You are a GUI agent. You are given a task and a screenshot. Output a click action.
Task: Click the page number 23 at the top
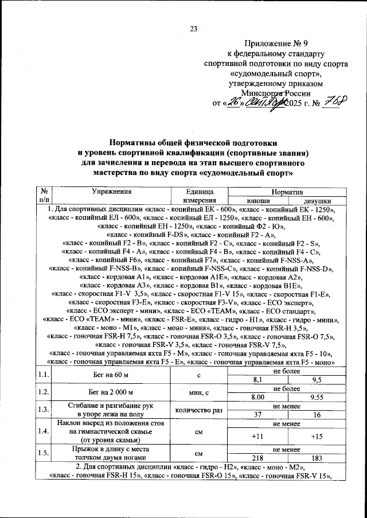coord(193,30)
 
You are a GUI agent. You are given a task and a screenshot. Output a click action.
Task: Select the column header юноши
coord(259,201)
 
